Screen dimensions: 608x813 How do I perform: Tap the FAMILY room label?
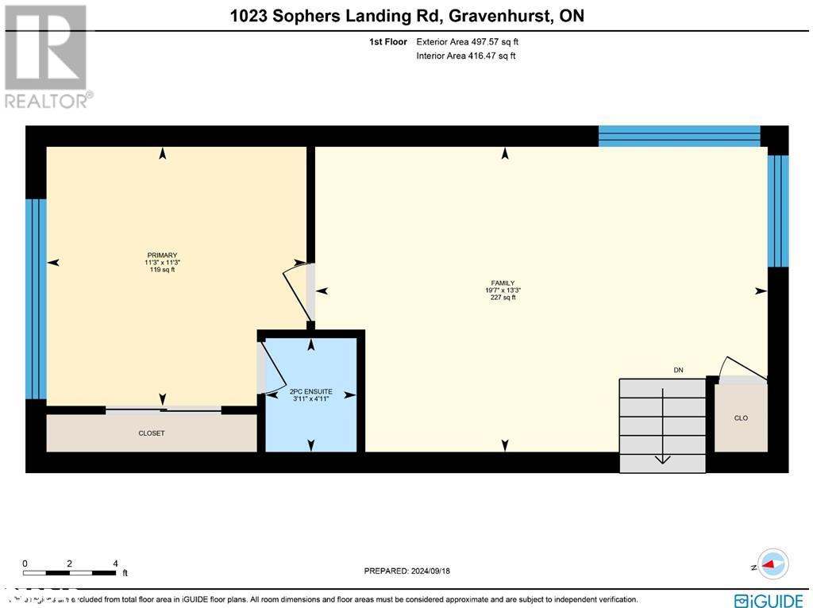click(503, 283)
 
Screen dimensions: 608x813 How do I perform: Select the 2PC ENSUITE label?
click(310, 392)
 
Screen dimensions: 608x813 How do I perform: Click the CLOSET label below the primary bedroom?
click(152, 433)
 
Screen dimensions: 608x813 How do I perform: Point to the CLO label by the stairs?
click(741, 418)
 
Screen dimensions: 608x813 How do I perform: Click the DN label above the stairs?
click(678, 370)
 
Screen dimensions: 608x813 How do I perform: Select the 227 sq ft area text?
click(503, 298)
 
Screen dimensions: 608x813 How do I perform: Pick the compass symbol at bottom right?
click(773, 564)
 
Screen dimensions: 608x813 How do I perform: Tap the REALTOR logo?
click(48, 56)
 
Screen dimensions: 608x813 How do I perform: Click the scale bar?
click(70, 572)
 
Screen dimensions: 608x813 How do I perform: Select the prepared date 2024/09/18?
click(412, 571)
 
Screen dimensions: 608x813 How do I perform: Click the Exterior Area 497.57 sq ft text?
click(467, 42)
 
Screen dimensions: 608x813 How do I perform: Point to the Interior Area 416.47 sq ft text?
click(465, 56)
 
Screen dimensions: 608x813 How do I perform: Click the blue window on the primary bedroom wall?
click(36, 298)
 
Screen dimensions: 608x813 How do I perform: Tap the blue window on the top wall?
click(679, 136)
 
